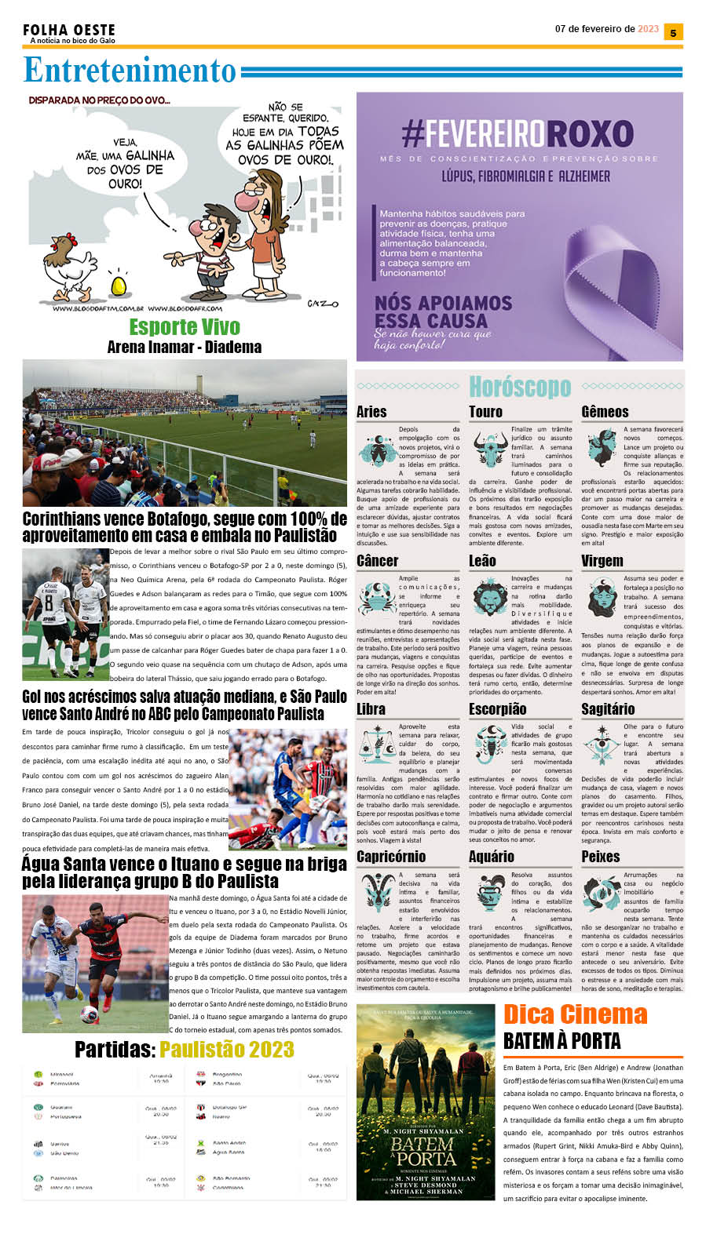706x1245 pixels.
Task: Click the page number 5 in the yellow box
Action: (673, 32)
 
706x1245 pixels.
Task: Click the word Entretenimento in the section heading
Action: (130, 71)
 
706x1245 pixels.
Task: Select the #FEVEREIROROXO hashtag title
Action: (517, 134)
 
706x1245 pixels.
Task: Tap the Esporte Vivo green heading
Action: (185, 326)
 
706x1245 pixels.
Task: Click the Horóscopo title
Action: (519, 386)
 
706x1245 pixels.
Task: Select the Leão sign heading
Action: (482, 561)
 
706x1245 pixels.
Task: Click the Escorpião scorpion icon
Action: (490, 744)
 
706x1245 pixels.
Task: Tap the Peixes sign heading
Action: (601, 857)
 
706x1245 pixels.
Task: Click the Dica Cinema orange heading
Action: (575, 1014)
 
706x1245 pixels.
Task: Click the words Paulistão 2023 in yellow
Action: (227, 1050)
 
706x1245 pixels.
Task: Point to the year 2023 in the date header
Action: (649, 29)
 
